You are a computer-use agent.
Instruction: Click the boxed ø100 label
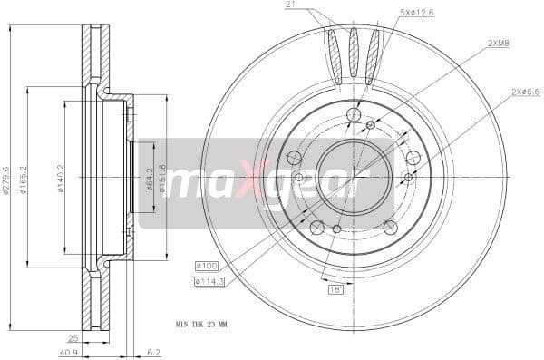[207, 266]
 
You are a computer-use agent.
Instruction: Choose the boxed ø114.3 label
[209, 282]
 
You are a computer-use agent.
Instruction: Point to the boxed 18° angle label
[335, 289]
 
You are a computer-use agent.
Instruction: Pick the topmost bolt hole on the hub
[354, 114]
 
